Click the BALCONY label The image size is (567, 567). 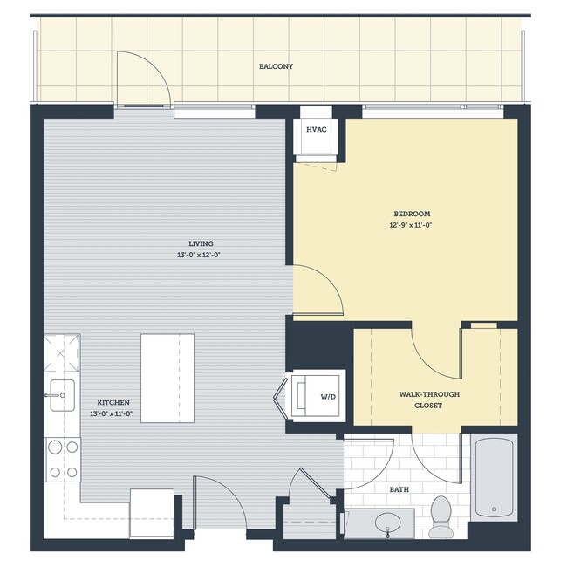(276, 66)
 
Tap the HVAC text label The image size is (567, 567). (315, 129)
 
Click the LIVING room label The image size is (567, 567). (201, 243)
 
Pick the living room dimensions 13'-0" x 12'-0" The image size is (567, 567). (201, 256)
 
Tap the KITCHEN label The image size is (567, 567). (113, 402)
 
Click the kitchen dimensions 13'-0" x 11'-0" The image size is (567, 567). (113, 414)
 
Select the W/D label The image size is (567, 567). (328, 396)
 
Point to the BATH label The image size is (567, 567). (400, 490)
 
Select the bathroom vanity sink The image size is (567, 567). (388, 523)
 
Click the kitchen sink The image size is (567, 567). (62, 394)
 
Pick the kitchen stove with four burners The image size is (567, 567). (62, 459)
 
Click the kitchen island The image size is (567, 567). (167, 378)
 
